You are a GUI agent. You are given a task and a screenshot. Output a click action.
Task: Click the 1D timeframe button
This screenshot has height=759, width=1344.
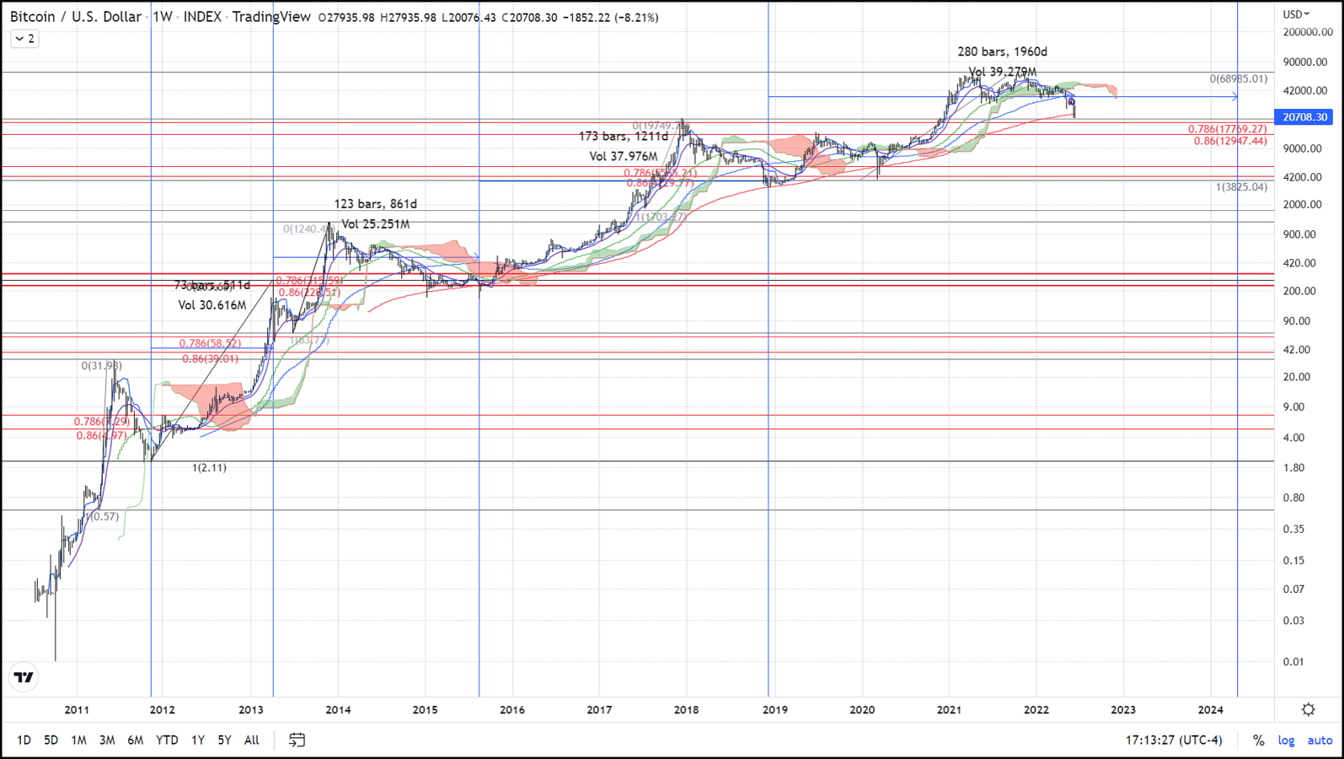coord(24,740)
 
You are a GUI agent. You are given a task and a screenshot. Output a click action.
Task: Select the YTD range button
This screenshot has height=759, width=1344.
coord(167,740)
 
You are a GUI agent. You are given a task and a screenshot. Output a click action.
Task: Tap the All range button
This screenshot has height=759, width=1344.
coord(251,740)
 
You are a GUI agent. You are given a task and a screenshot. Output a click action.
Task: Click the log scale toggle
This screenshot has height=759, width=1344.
coord(1286,740)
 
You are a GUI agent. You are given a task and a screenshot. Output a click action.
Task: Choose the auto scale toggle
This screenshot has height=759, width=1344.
coord(1320,740)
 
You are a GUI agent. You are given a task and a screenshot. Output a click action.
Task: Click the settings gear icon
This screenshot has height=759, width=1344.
coord(1308,709)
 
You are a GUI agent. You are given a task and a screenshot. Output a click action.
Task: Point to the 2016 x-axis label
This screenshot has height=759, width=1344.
coord(512,710)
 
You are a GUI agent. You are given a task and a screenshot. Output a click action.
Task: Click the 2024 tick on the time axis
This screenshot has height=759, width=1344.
coord(1210,710)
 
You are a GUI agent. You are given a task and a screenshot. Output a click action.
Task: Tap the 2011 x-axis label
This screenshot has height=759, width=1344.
coord(77,710)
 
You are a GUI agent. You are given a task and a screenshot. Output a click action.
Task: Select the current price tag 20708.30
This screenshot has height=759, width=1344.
coord(1304,117)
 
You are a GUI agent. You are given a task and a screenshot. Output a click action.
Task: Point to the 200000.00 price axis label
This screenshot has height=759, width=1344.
coord(1308,32)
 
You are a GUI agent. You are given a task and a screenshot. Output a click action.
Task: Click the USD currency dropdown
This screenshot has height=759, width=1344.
coord(1296,14)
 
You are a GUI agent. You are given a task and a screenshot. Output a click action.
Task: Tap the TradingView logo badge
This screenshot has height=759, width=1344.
coord(24,677)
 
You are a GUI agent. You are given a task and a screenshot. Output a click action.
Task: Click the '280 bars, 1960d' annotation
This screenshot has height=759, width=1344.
coord(1002,52)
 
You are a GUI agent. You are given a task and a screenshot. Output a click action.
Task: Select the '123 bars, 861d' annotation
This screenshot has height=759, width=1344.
coord(375,204)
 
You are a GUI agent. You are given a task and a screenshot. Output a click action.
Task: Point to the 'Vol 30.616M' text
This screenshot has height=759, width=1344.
coord(212,305)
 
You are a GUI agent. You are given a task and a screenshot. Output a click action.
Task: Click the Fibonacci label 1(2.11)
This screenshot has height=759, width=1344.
coord(209,468)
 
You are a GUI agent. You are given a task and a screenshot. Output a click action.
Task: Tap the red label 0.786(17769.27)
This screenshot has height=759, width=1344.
coord(1227,129)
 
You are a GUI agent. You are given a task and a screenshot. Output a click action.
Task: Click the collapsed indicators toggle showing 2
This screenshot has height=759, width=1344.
coord(24,39)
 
